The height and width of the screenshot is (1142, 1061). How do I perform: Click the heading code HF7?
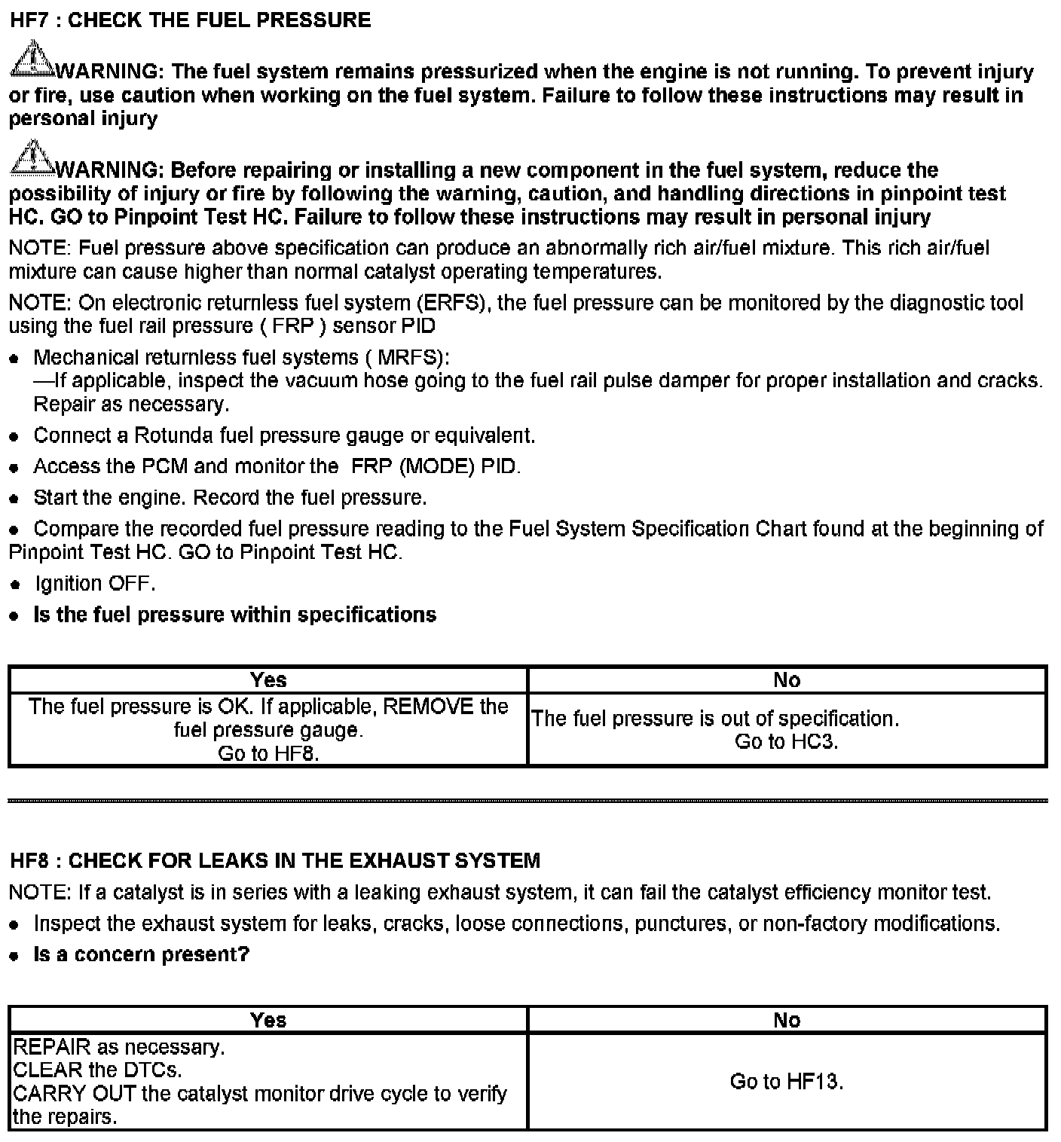click(29, 20)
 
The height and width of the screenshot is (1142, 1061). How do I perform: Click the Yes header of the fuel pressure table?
click(268, 680)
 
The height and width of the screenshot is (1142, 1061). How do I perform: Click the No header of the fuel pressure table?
click(787, 680)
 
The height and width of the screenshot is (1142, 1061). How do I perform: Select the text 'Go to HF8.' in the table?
click(268, 753)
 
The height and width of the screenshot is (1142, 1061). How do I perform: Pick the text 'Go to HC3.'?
click(786, 742)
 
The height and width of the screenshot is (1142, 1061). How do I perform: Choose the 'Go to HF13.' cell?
click(786, 1082)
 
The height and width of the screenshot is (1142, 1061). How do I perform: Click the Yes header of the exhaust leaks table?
click(268, 1020)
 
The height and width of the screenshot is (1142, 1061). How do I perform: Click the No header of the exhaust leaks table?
click(787, 1020)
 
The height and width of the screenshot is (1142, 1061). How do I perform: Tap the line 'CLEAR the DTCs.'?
click(97, 1070)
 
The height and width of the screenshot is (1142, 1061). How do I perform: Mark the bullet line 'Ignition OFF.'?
click(94, 584)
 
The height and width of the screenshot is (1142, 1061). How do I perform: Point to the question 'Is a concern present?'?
click(141, 954)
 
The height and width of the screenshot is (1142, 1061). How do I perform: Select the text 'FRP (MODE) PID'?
click(435, 466)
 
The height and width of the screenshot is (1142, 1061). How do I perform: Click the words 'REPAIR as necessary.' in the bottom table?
click(118, 1047)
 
